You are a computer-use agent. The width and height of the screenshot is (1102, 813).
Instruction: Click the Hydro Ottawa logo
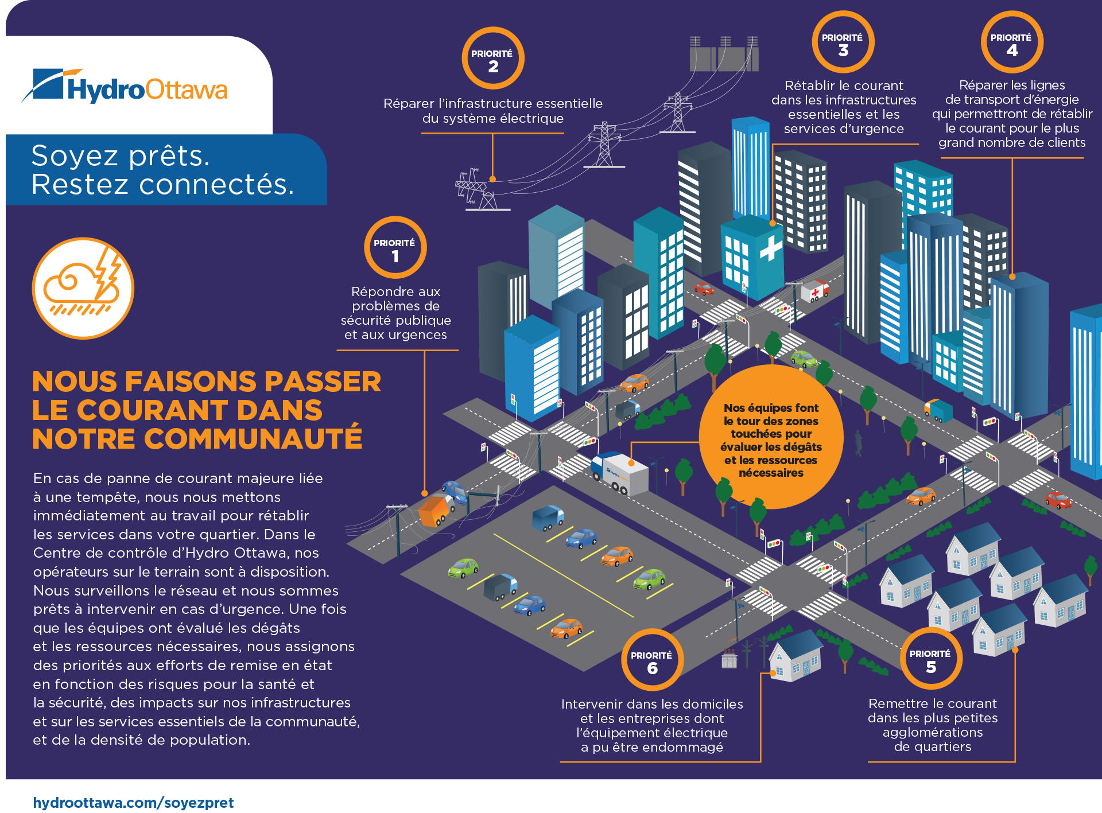125,87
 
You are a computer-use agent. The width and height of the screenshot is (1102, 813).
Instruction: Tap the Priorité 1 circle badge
395,247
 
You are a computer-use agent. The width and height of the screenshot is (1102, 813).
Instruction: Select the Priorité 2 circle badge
492,58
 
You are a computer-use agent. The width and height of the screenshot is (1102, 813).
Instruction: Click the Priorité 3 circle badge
843,42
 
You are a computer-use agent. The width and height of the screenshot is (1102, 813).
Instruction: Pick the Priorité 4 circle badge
1011,42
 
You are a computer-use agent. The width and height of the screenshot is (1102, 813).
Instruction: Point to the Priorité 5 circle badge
930,658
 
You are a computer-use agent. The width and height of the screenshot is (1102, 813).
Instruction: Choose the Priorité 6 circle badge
652,660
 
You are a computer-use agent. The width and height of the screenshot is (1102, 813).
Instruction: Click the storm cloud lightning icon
83,288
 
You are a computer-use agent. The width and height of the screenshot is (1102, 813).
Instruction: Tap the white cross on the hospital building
771,249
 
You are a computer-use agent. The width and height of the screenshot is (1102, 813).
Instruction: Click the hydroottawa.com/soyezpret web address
133,802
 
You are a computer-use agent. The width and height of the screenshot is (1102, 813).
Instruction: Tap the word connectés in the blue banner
216,184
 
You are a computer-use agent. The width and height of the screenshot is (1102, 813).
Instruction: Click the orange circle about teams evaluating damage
771,437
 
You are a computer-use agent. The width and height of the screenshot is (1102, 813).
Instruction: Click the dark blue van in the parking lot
548,517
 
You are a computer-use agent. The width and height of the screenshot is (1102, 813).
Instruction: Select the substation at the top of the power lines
724,55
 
